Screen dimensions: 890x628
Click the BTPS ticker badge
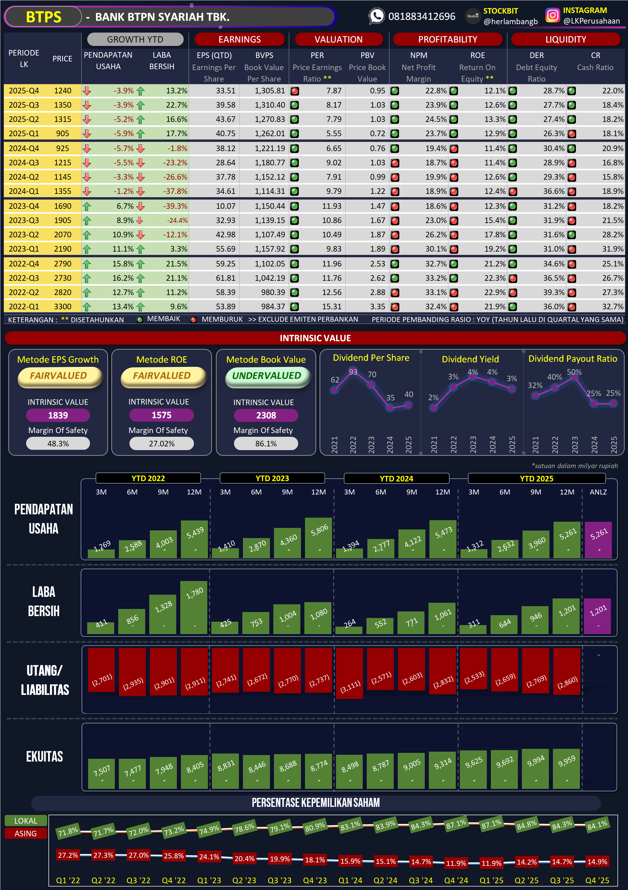(43, 17)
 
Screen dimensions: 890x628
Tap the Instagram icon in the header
(552, 16)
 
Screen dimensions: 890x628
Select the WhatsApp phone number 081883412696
(421, 17)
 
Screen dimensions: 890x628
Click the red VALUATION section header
(339, 39)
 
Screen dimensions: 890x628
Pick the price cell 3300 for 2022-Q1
(62, 306)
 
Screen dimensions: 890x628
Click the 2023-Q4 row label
(24, 206)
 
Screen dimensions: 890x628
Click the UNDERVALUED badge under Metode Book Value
(267, 376)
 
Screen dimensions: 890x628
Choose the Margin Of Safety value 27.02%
(162, 444)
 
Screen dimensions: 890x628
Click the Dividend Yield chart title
(470, 359)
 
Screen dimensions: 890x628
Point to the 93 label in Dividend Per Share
(353, 372)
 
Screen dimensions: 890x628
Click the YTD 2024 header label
(396, 478)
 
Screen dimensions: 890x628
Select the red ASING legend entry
(25, 834)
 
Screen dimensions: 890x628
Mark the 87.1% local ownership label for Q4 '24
(456, 824)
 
